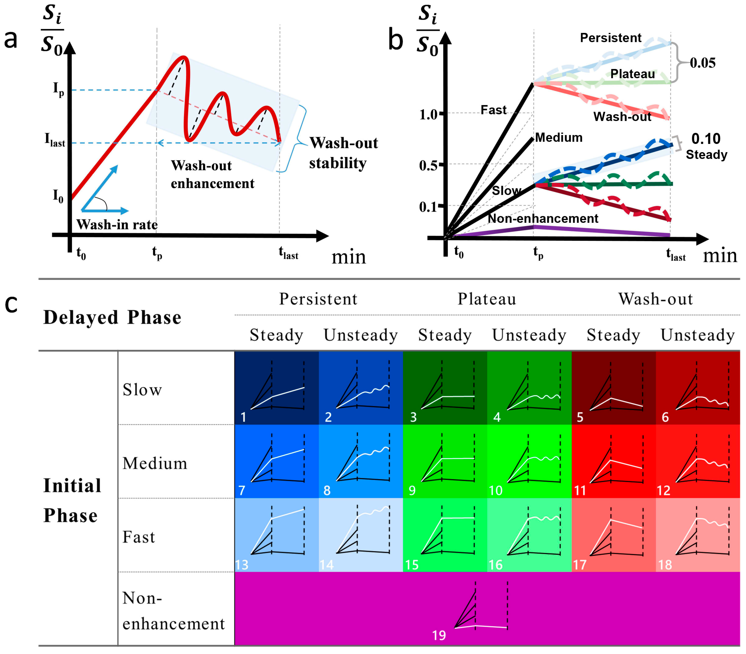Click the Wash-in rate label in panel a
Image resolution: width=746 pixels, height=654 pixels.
pyautogui.click(x=117, y=224)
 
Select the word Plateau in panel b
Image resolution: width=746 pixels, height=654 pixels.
pyautogui.click(x=633, y=74)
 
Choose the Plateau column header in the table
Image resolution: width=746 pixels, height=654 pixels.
pyautogui.click(x=487, y=299)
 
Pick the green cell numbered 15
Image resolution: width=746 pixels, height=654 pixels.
pyautogui.click(x=445, y=535)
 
